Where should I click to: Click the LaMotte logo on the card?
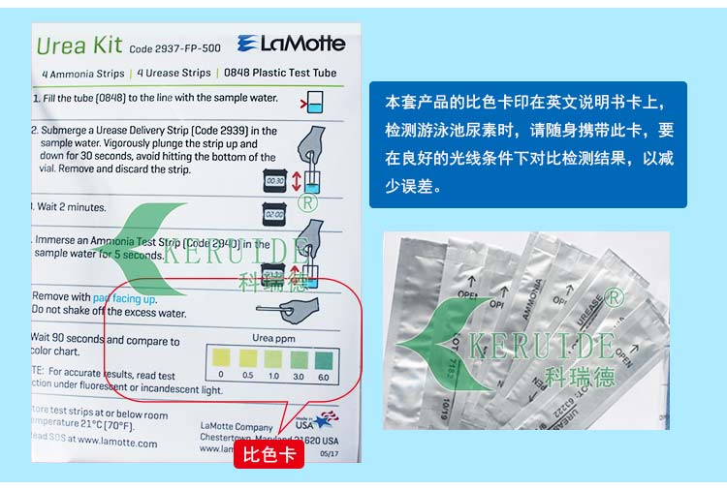(291, 43)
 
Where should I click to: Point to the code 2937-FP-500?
(174, 47)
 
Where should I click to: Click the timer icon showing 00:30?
(276, 180)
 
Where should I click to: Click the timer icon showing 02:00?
(276, 214)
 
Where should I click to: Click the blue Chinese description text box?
(527, 143)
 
